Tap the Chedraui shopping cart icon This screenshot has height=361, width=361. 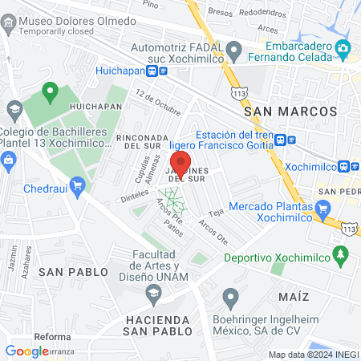77,188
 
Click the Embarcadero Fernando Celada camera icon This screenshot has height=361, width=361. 343,49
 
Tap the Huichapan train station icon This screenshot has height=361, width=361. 163,71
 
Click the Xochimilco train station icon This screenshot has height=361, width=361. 343,166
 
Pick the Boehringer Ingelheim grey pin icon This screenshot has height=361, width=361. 231,298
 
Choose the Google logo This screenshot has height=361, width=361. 26,351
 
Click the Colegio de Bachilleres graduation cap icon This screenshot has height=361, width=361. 14,109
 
